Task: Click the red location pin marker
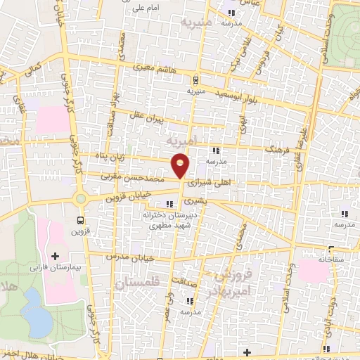click(181, 165)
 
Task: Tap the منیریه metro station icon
click(196, 79)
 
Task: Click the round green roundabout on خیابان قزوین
click(81, 199)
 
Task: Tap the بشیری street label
click(190, 200)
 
